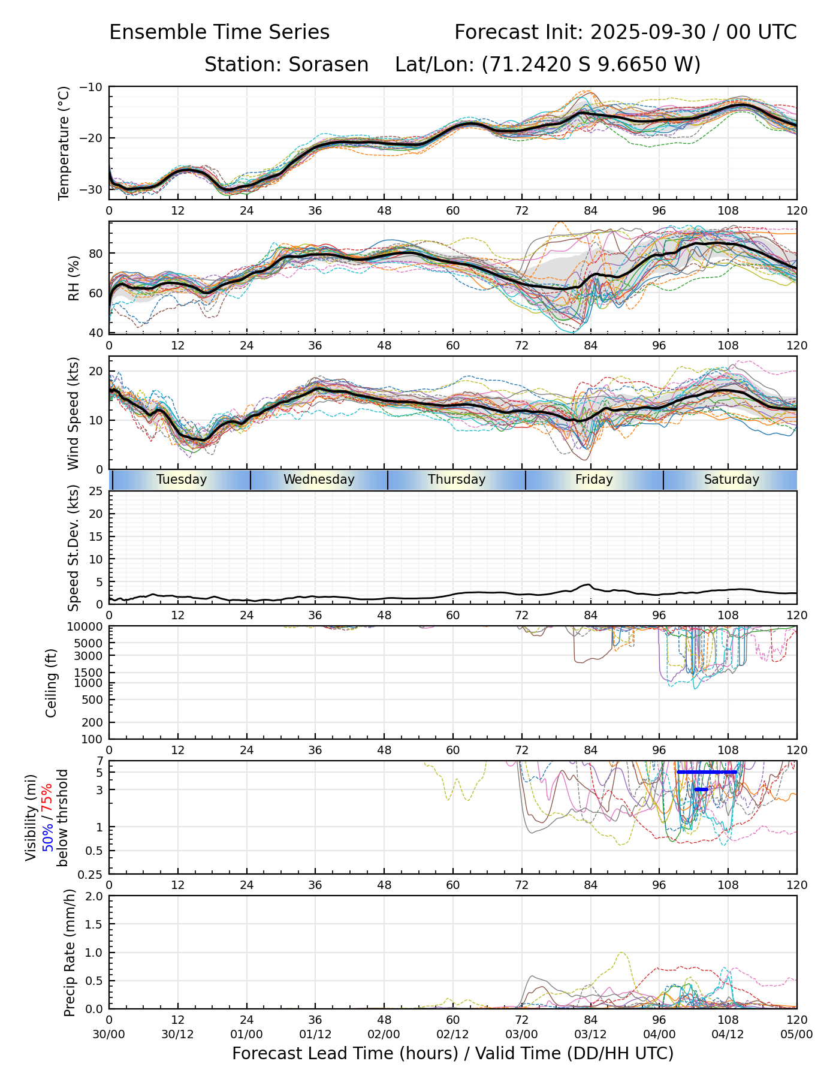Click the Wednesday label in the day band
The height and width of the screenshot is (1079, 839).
click(319, 480)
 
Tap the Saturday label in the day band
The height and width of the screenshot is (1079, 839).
click(731, 480)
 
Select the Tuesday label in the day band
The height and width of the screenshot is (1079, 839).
click(182, 480)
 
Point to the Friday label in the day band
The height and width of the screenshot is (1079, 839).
click(594, 480)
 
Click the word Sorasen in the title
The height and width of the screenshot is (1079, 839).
click(328, 64)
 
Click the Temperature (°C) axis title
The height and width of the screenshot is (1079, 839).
click(64, 143)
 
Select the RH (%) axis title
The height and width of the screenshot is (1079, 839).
click(74, 278)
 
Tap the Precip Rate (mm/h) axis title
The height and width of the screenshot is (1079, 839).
click(70, 953)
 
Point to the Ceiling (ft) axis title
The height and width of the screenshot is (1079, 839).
click(52, 683)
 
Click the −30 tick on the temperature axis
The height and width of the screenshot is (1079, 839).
click(95, 189)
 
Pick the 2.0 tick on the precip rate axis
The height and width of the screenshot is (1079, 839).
click(95, 896)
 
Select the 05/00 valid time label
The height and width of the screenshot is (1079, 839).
click(796, 1034)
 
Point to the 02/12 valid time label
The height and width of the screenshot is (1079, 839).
click(452, 1034)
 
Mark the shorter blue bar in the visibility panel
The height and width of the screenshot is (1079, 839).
click(701, 789)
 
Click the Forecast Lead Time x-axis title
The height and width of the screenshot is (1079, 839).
click(452, 1053)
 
